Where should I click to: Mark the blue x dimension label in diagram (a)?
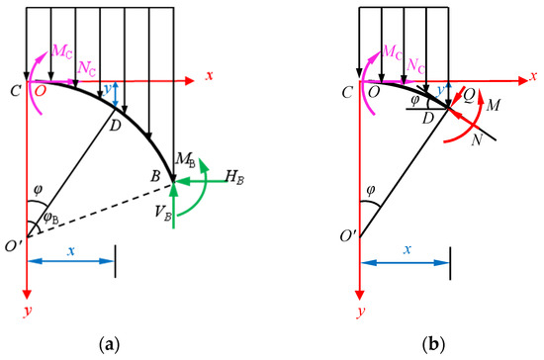[71, 251]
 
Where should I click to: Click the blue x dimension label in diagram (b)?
[405, 251]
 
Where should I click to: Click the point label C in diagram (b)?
[346, 94]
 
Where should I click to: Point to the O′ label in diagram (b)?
[347, 237]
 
